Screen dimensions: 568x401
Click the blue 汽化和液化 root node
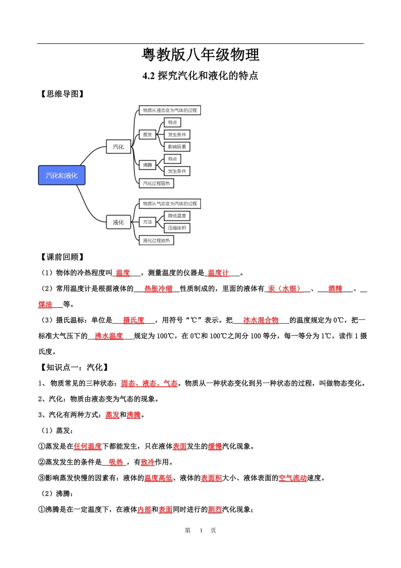pos(61,175)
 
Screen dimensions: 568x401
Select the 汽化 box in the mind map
pos(118,147)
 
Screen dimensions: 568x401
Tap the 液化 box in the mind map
pos(118,222)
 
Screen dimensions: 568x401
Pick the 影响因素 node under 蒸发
pos(177,147)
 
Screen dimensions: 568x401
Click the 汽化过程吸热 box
pos(156,183)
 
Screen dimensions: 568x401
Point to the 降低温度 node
pos(177,216)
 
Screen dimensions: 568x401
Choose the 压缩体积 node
pos(177,228)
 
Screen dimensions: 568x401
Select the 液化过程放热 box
pos(156,240)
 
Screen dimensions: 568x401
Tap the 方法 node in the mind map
pos(147,222)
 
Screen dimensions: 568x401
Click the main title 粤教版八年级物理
pos(200,55)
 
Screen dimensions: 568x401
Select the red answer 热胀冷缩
pos(158,289)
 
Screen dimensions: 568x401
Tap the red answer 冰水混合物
pos(261,320)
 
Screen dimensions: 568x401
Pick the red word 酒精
pos(335,289)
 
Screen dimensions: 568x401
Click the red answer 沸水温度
pos(109,336)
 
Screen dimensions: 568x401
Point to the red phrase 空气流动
pos(292,478)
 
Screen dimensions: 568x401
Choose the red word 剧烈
pos(215,509)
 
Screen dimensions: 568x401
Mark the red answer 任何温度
pos(88,446)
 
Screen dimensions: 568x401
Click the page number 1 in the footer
pos(201,530)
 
